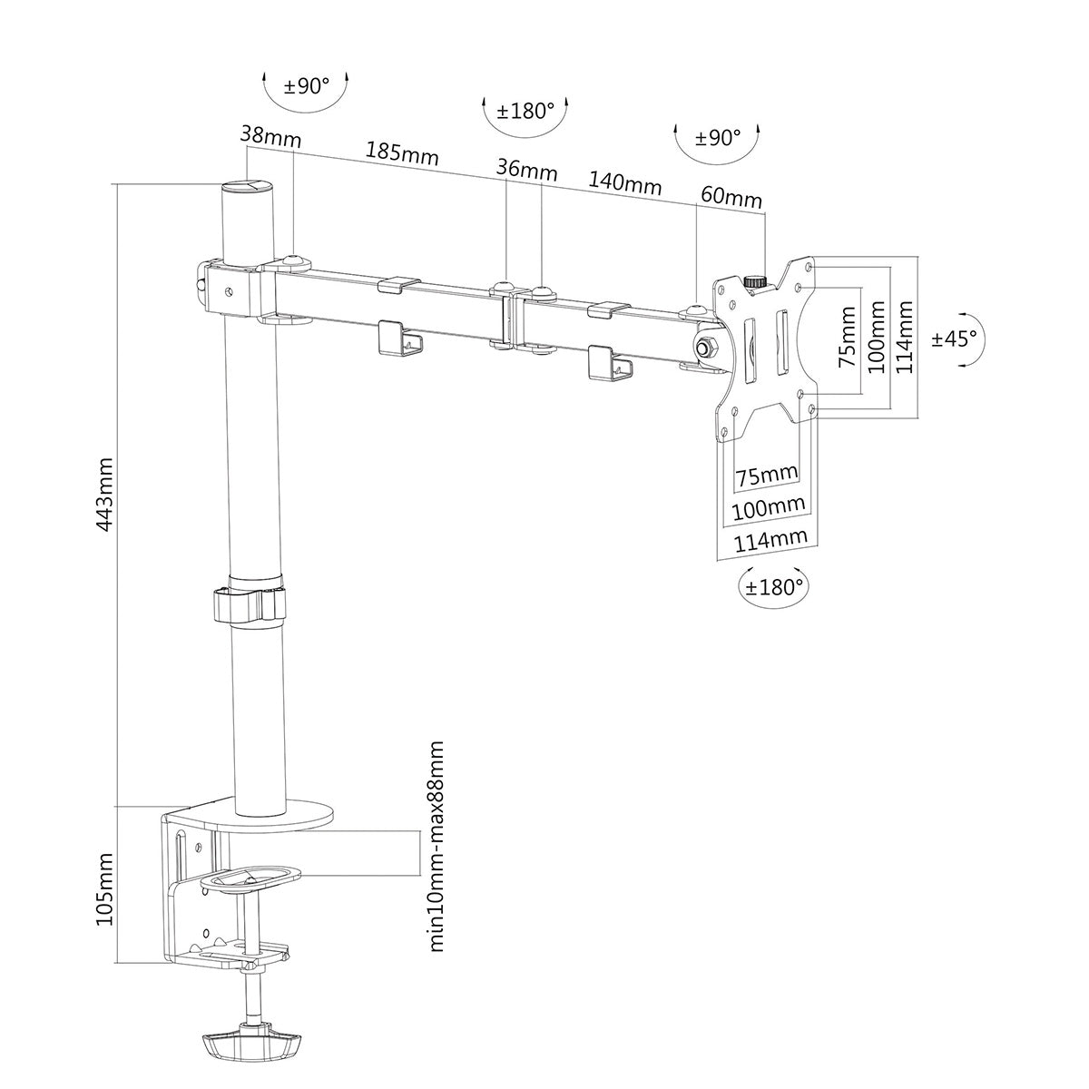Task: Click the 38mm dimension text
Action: coord(270,135)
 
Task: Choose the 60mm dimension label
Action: coord(731,197)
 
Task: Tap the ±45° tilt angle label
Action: coord(956,338)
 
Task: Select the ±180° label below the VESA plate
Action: coord(774,585)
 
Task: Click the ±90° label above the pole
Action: coord(306,87)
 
